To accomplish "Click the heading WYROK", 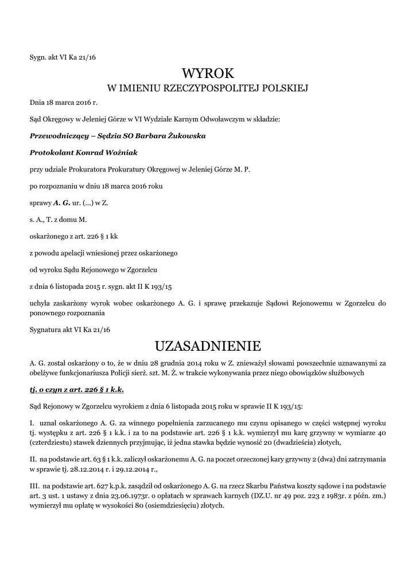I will [x=208, y=73].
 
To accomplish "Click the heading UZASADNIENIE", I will [x=208, y=346].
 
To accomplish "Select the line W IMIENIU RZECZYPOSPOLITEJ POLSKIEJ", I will [x=208, y=89].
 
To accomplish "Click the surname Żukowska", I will [x=185, y=136].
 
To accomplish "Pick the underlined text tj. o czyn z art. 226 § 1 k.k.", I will [x=77, y=389].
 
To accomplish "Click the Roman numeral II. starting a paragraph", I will [x=33, y=459].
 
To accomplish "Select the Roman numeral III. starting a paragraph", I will [x=35, y=486].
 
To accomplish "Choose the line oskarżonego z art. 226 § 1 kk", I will [x=74, y=236].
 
